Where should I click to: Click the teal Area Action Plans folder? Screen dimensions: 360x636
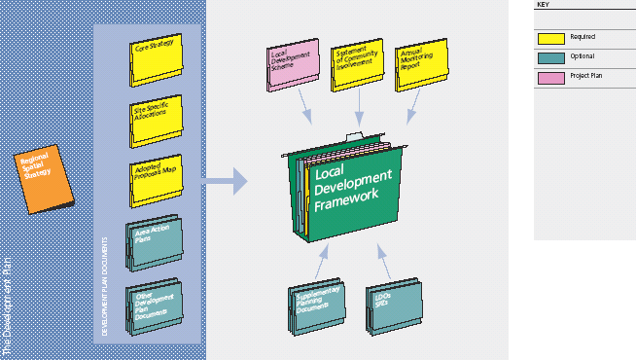[x=153, y=242]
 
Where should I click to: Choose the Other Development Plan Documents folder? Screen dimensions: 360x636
[x=153, y=304]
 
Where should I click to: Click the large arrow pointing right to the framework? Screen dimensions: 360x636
[x=225, y=180]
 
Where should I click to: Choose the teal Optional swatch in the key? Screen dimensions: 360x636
[x=551, y=58]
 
